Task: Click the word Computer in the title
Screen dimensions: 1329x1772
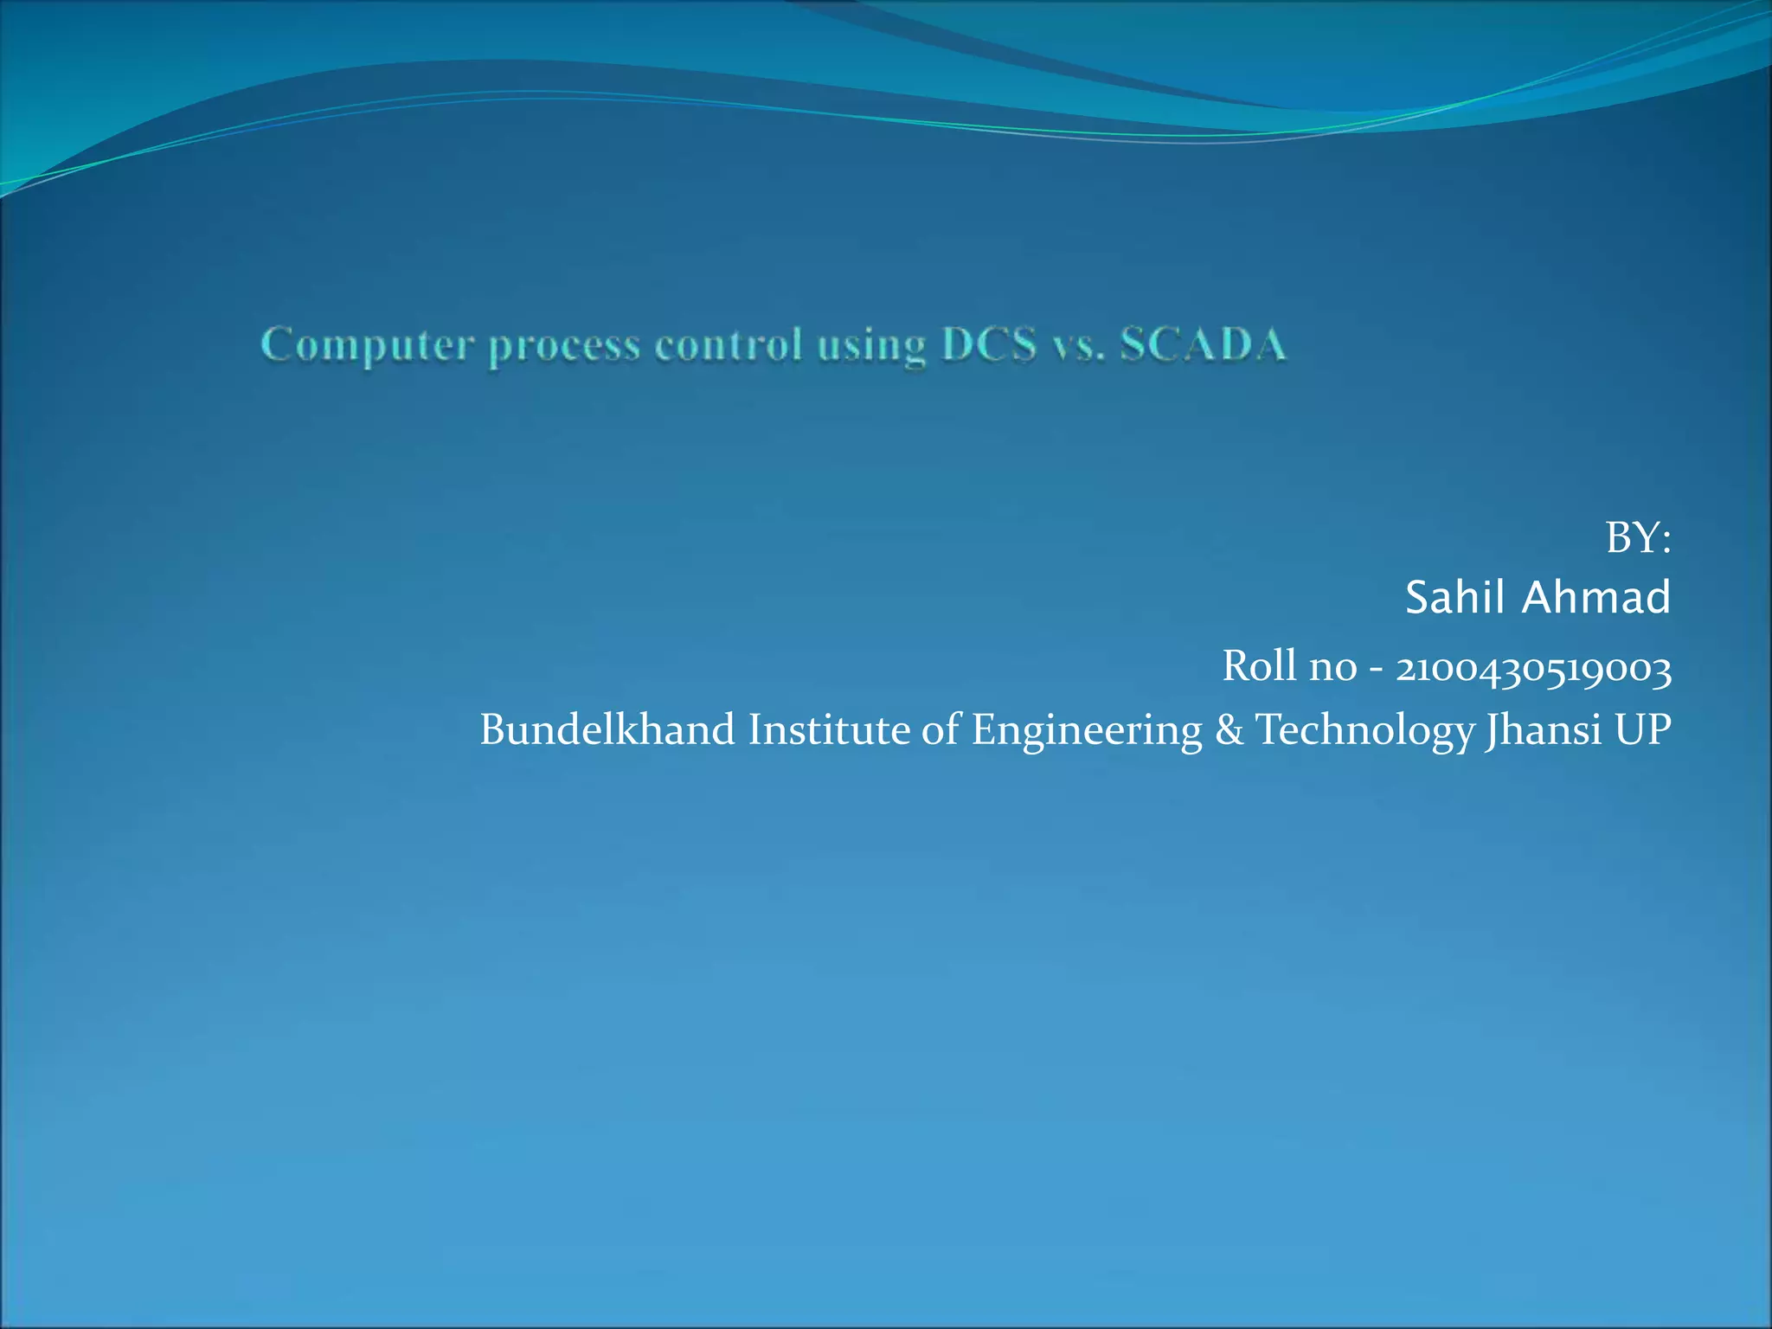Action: pos(368,345)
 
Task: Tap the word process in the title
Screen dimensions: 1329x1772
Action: pos(564,348)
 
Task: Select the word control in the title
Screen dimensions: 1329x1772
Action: pos(729,345)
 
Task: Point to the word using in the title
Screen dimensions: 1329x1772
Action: pos(871,348)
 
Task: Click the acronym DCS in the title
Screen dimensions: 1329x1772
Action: pos(989,345)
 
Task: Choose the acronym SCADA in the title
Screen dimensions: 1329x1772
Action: pos(1204,345)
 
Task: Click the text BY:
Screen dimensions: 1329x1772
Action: pos(1638,538)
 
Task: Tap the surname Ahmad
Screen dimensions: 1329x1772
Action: pos(1595,598)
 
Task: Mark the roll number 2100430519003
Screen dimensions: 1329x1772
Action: pos(1533,668)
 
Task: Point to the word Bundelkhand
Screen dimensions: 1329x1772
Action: pos(607,729)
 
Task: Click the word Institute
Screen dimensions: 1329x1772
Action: pos(828,729)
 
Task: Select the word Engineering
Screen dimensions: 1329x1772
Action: pos(1087,731)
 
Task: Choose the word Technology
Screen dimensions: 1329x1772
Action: pos(1364,731)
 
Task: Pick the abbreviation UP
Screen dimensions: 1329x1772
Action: pos(1642,729)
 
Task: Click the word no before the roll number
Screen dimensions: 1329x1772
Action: pos(1332,668)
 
